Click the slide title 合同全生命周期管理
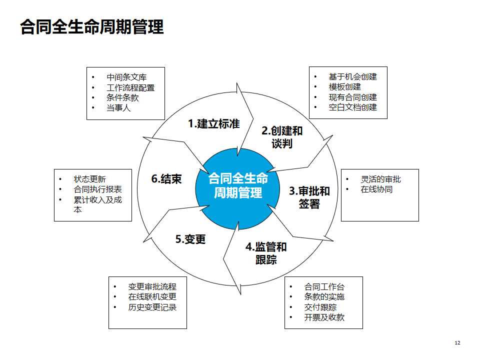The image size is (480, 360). coord(92,26)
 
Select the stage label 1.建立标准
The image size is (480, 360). coord(213,124)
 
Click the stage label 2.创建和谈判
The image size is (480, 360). coord(282,137)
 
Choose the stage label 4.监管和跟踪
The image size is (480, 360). coord(266,253)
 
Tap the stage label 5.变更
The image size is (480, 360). coord(190,239)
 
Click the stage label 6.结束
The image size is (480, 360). coord(166,179)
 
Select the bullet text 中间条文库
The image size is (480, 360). coord(126,77)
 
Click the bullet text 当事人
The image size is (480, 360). coord(118,107)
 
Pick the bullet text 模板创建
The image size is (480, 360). coord(344,87)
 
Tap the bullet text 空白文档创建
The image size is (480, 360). coord(352,107)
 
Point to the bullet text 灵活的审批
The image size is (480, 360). coord(380,179)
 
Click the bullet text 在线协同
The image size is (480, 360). coord(376,189)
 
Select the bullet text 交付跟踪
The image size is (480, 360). coord(320,307)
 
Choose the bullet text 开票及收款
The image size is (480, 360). coord(324,317)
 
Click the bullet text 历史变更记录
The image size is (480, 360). coord(152,307)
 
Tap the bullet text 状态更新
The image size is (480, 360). coord(90,179)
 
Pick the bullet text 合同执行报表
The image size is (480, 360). coord(98,189)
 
